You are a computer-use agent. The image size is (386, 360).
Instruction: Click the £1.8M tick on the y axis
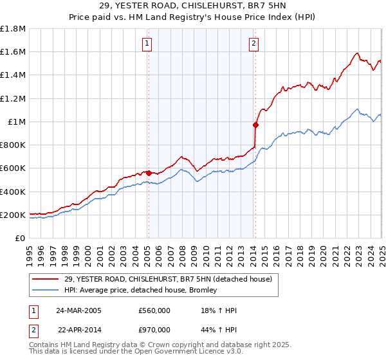(14, 28)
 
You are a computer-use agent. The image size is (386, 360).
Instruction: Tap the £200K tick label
(12, 215)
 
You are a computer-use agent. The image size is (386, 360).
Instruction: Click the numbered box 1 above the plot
(147, 44)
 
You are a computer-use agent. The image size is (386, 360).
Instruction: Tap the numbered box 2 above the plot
(254, 44)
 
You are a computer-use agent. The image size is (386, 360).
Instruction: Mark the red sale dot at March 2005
(149, 173)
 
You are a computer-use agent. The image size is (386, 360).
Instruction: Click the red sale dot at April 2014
(255, 125)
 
